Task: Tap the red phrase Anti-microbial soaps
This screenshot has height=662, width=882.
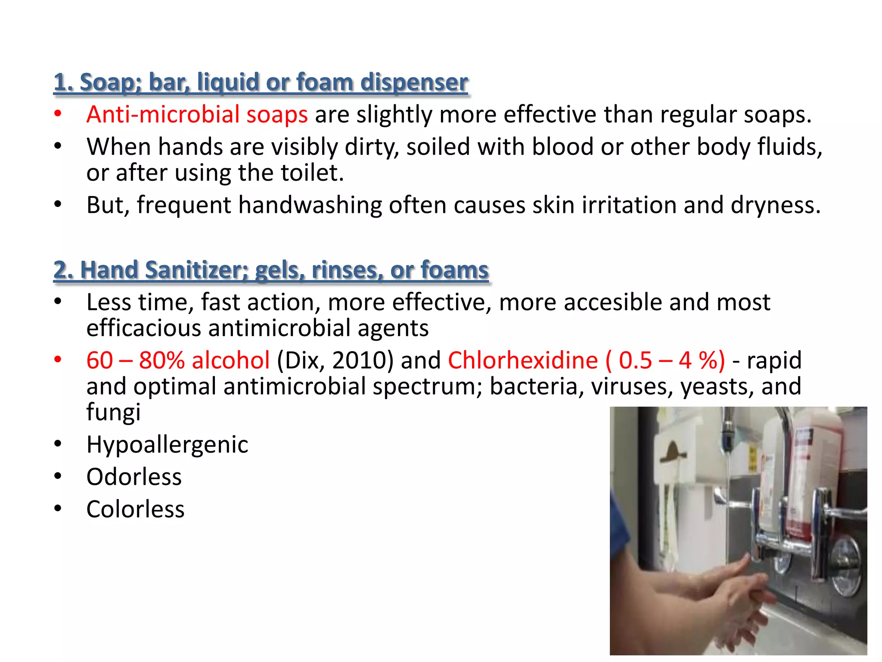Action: click(x=197, y=115)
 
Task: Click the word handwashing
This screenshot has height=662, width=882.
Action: click(x=310, y=205)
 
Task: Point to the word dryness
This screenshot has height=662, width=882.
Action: click(x=775, y=205)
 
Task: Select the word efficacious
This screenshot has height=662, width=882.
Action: click(x=143, y=328)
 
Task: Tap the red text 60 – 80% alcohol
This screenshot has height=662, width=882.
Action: click(x=178, y=360)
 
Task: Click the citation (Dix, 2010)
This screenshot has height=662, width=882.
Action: click(x=335, y=360)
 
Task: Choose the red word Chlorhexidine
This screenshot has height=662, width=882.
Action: click(x=523, y=360)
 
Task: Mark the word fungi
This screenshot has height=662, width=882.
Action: click(x=113, y=412)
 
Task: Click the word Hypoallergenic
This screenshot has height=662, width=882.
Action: click(x=167, y=445)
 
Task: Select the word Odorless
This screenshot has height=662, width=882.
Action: click(x=134, y=477)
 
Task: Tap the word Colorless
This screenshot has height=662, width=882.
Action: click(x=135, y=509)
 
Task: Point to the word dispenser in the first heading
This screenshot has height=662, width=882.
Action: click(x=414, y=82)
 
